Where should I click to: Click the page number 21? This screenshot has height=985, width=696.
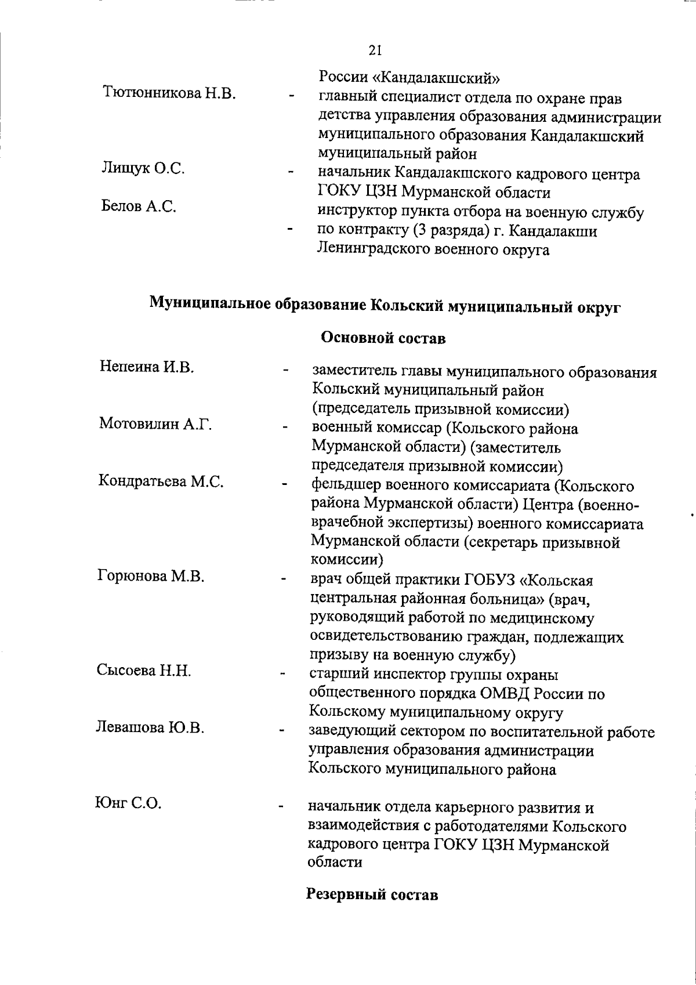tap(375, 50)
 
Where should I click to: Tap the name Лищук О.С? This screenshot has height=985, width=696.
tap(143, 168)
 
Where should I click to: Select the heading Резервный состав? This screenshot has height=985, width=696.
tap(372, 910)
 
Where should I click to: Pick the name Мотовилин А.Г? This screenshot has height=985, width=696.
tap(155, 424)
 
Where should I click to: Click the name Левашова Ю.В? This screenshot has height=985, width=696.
tap(150, 727)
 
